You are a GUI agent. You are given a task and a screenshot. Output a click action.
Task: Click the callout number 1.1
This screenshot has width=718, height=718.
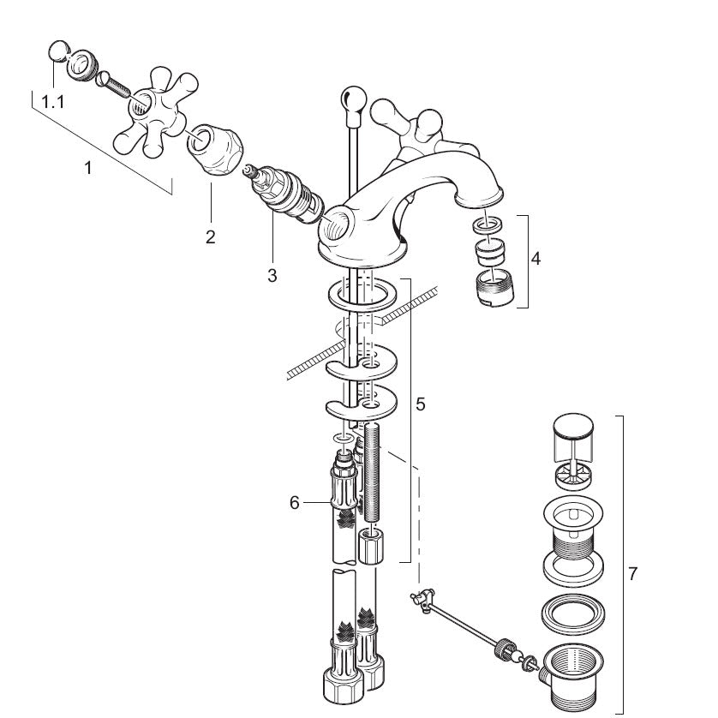[x=53, y=102]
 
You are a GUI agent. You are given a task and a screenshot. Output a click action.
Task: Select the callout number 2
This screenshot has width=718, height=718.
[x=210, y=236]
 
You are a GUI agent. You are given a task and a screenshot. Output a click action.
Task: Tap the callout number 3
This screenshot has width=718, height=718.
[x=272, y=275]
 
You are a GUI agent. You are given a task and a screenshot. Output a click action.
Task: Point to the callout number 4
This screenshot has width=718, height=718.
[x=536, y=259]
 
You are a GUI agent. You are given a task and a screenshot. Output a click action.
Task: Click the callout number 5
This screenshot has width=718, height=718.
[x=421, y=404]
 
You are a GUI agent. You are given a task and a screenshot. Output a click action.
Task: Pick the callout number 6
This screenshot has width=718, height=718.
[x=295, y=503]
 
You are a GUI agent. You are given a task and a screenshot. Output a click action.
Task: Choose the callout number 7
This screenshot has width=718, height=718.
[x=633, y=573]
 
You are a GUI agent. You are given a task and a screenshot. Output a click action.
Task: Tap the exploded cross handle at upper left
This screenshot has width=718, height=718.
[x=156, y=112]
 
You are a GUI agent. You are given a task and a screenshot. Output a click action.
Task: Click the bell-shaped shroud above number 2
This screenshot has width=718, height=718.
[x=215, y=149]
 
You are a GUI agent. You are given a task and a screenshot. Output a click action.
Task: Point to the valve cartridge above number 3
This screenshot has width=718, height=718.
[x=283, y=194]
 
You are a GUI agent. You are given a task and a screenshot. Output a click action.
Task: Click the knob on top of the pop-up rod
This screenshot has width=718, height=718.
[x=354, y=101]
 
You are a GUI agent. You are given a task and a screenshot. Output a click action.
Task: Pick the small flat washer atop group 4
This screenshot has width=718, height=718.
[x=488, y=224]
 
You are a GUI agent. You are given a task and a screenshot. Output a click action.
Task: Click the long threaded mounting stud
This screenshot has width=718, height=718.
[x=374, y=473]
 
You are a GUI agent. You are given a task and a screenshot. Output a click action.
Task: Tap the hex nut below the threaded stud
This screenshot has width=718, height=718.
[x=371, y=546]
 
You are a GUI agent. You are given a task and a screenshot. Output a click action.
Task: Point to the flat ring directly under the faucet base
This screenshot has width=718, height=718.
[x=362, y=295]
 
